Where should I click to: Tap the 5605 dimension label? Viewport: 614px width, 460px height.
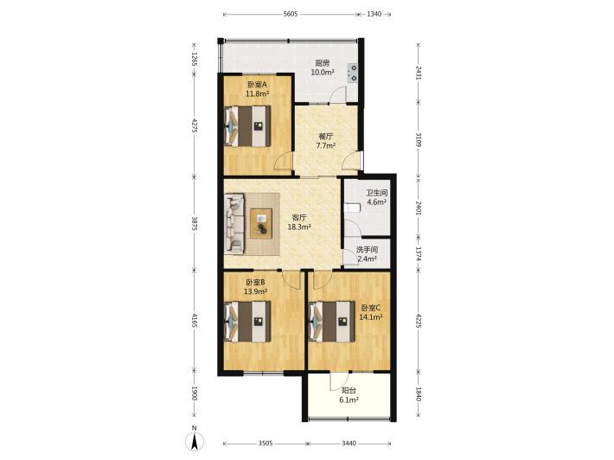tap(291, 14)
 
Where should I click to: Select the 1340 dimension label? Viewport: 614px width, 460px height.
tap(374, 14)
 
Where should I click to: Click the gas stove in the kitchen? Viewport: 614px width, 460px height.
tap(353, 73)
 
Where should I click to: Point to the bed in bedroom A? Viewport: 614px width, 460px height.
tap(247, 126)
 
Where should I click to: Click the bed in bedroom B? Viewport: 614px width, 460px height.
tap(247, 322)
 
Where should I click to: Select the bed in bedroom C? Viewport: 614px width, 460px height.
tap(332, 322)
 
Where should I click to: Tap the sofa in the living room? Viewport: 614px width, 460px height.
tap(234, 224)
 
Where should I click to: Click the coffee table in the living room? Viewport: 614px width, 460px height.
tap(261, 224)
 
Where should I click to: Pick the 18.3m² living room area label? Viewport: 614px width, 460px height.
tap(299, 227)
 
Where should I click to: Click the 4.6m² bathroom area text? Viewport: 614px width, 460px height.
tap(377, 202)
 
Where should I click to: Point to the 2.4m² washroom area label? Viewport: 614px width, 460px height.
tap(367, 259)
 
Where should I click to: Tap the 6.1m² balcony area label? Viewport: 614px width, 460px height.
tap(349, 400)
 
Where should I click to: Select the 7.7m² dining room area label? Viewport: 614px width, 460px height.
tap(326, 146)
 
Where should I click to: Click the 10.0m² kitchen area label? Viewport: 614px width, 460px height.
tap(323, 72)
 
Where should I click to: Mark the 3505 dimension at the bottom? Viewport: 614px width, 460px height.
tap(265, 444)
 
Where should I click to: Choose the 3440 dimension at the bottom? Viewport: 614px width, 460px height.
tap(349, 444)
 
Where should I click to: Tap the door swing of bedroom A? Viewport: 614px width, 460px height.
tap(283, 161)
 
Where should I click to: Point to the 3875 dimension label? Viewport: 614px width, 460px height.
tap(195, 224)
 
